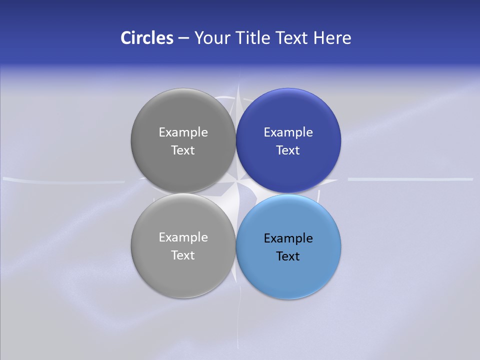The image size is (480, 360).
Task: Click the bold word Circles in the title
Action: [x=146, y=38]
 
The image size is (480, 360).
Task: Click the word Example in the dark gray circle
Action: [x=183, y=132]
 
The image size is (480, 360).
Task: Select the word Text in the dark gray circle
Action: [x=183, y=150]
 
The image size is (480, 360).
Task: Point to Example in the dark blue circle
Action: [x=288, y=132]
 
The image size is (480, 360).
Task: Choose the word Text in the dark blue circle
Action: [x=288, y=150]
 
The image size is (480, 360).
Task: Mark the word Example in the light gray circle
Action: [x=183, y=237]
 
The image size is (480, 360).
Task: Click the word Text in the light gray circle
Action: [x=183, y=255]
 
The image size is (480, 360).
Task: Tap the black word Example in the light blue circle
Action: [x=288, y=238]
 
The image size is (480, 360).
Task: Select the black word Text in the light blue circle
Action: [x=288, y=256]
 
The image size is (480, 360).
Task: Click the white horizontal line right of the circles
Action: [x=410, y=178]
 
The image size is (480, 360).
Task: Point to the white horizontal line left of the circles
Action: [x=65, y=179]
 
